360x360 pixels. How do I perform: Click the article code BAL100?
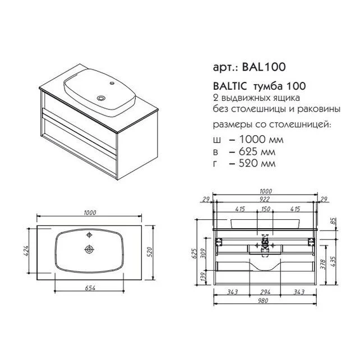264,67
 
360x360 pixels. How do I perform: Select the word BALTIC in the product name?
230,86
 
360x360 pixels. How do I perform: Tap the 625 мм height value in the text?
257,151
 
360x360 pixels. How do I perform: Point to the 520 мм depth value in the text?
257,163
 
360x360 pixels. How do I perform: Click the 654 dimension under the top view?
90,288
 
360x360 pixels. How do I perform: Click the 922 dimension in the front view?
264,199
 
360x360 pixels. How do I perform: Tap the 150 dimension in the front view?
265,209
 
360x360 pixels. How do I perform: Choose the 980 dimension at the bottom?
262,301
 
